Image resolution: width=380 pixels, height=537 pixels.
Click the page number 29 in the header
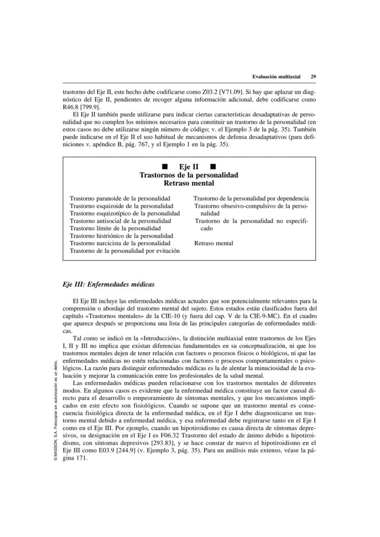point(313,77)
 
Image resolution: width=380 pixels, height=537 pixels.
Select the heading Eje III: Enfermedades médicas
point(108,284)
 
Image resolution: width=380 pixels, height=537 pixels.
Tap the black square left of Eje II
point(164,166)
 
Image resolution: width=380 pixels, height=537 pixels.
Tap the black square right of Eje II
point(213,166)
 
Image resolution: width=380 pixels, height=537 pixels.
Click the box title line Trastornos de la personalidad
point(189,175)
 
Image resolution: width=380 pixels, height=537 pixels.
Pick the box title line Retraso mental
point(189,183)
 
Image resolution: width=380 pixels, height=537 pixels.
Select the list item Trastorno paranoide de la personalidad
point(120,199)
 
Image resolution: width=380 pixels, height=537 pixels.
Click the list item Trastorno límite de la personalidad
point(115,228)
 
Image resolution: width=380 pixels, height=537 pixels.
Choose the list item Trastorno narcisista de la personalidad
point(120,243)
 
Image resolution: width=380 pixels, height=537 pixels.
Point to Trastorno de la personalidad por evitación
point(124,251)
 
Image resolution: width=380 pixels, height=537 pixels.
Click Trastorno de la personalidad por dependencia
point(251,199)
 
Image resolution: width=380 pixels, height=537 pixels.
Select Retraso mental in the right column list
point(213,243)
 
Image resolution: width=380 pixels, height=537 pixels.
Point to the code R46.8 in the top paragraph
point(72,107)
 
